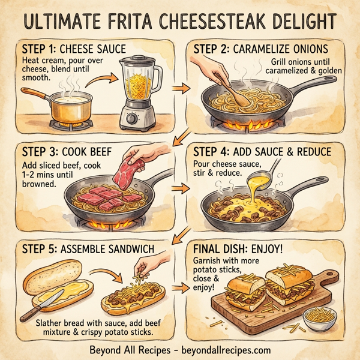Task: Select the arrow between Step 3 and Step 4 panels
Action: point(178,190)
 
